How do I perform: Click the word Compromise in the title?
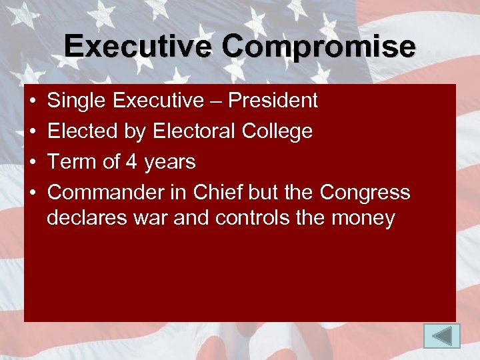319,47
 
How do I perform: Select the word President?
273,101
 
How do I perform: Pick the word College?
281,132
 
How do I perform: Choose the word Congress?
365,193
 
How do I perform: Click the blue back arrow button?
442,335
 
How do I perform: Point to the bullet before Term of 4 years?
33,163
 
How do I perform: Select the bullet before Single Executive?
33,101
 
